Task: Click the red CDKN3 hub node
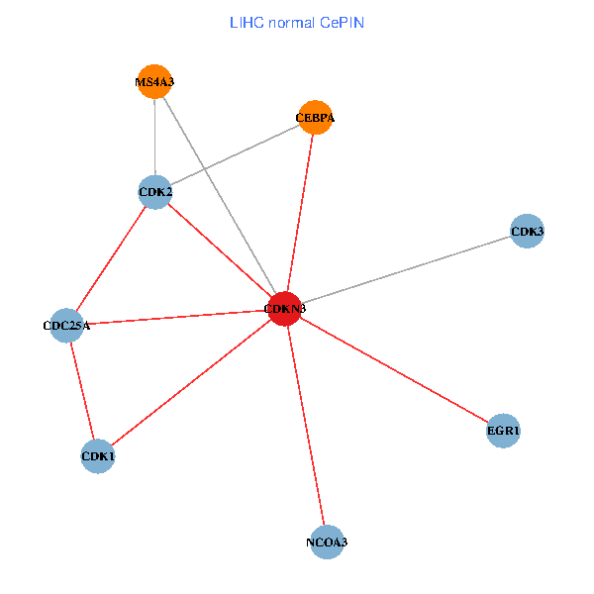285,309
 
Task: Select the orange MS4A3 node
154,81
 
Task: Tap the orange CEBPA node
315,118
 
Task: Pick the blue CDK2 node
155,191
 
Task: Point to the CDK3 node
527,232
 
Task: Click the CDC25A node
67,325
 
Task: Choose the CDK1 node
98,456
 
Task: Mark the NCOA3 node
327,542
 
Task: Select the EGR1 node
504,431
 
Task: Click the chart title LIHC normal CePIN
297,22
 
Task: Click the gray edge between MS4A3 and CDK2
154,137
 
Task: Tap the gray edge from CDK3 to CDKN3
406,270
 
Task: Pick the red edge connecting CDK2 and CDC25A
112,257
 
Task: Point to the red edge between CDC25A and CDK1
82,389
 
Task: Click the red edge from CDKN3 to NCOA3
306,426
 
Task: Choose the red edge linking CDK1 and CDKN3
191,383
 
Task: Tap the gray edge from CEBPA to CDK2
235,154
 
